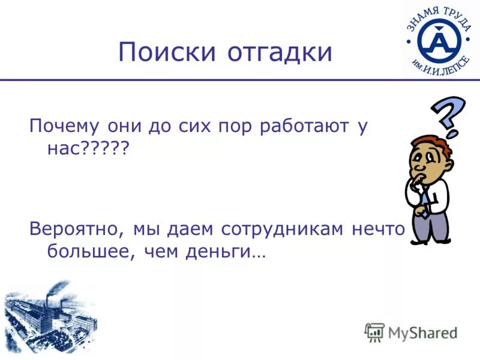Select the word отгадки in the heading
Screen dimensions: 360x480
click(280, 52)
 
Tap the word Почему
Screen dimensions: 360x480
click(64, 127)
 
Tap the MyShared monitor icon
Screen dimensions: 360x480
click(374, 332)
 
